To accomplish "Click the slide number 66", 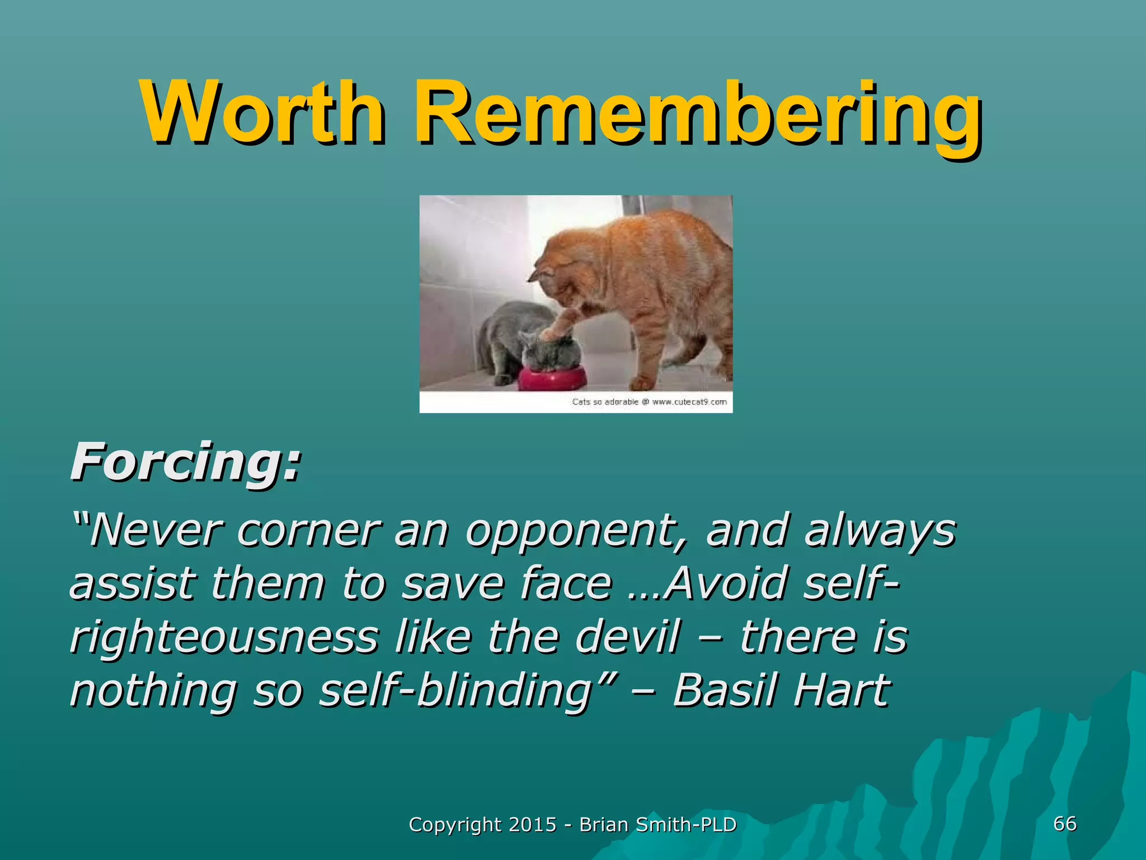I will click(1064, 824).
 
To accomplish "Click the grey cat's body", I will click(506, 336).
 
